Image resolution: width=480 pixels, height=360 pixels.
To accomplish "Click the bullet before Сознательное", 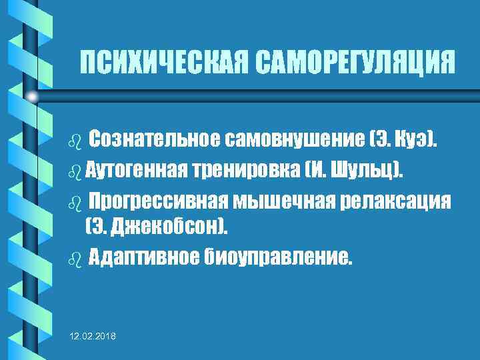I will pyautogui.click(x=74, y=141).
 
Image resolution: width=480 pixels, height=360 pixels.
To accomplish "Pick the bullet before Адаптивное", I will pyautogui.click(x=74, y=258).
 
